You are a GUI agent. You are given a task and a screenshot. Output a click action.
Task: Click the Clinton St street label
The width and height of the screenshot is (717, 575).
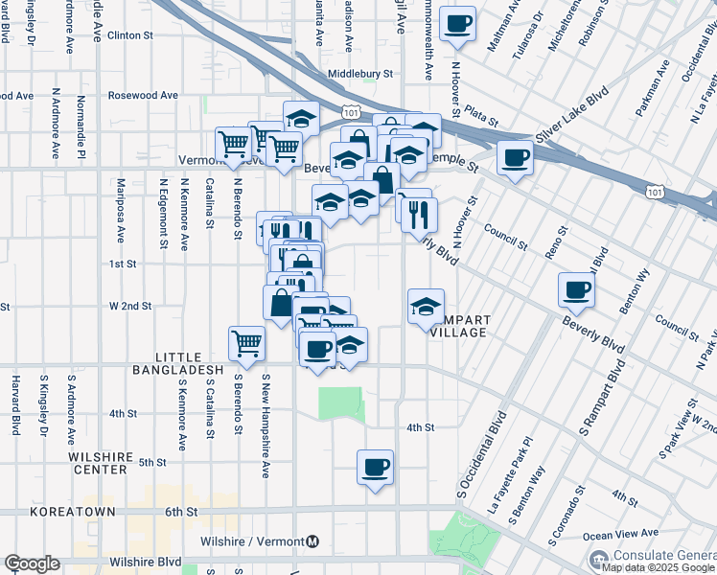[130, 35]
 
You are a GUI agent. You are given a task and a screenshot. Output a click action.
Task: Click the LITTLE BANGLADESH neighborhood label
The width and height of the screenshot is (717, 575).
[177, 361]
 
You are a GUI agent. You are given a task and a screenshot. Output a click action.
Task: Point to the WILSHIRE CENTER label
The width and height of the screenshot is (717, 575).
[111, 464]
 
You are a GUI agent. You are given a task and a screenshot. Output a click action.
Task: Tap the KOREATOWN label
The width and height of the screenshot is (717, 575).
[72, 513]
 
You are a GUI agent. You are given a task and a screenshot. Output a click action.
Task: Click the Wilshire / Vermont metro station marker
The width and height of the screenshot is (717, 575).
[313, 542]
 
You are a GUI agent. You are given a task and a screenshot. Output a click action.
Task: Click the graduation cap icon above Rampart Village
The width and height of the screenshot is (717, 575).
[427, 307]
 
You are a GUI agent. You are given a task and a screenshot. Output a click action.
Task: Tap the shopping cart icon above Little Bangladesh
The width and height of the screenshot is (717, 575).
[247, 343]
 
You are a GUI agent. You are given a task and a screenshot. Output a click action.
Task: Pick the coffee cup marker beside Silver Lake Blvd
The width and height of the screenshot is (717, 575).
[515, 157]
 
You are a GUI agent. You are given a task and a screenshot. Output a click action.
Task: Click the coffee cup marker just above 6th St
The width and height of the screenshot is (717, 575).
[375, 468]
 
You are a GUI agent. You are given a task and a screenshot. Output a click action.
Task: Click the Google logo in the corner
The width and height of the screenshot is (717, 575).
[32, 563]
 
